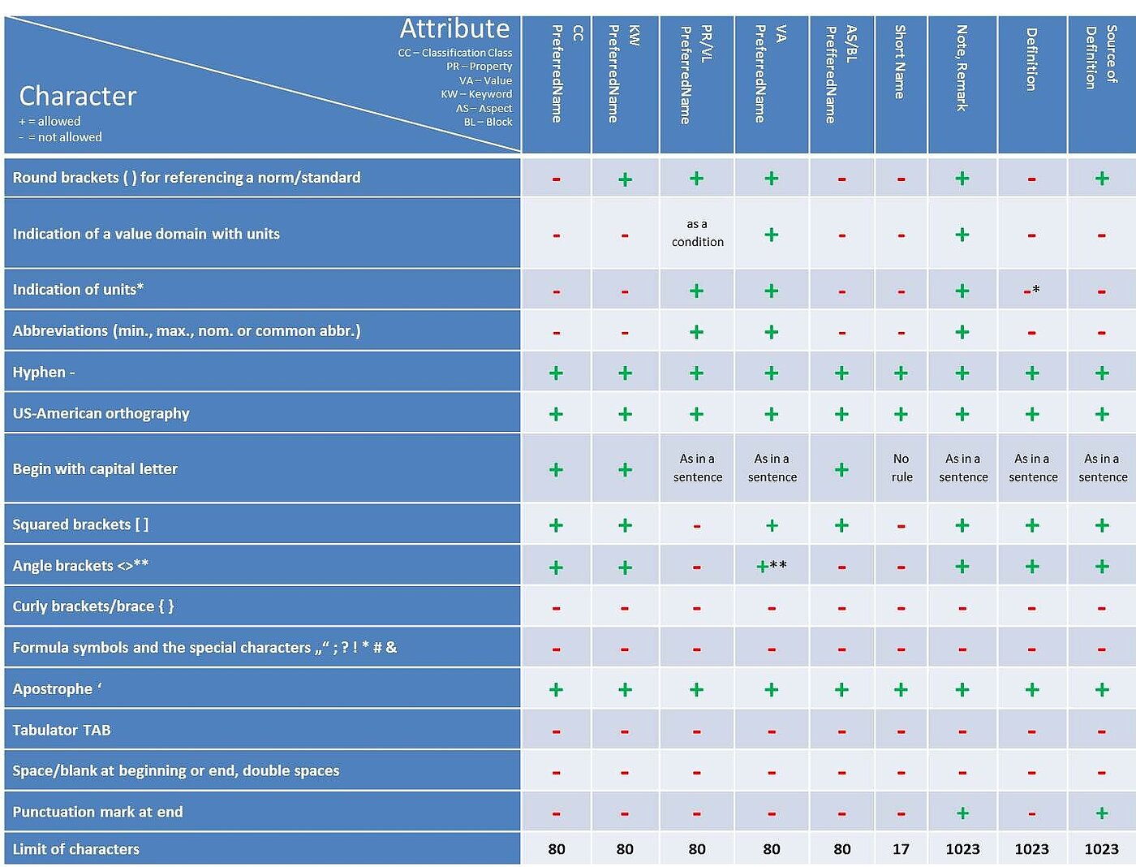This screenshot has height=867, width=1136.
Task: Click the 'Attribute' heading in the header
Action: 454,29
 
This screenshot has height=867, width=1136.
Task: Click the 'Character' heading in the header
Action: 78,97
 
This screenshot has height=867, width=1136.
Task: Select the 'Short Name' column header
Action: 900,63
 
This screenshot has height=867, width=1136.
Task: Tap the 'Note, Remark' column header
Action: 962,68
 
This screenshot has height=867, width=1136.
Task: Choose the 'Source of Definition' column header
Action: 1101,57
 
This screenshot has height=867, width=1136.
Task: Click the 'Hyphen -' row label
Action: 44,373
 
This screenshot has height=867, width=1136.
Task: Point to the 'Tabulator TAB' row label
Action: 62,730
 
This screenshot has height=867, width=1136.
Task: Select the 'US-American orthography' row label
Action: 101,413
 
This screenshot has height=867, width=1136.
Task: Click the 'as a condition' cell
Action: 697,233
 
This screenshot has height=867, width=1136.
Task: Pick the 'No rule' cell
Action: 901,468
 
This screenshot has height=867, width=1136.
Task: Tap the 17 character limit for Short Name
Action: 901,849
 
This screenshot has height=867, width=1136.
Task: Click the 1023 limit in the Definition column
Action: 1031,849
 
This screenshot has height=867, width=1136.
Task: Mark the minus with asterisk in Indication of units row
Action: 1031,291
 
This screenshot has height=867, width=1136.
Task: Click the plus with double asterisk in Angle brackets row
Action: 770,566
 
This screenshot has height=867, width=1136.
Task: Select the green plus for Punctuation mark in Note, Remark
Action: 962,813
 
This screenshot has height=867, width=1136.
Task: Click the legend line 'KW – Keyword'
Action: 476,94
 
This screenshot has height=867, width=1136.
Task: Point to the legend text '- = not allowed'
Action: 61,137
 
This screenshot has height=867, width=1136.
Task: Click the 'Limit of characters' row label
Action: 76,849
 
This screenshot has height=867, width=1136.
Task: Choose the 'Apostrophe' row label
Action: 57,689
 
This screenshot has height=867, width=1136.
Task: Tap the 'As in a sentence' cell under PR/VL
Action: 697,468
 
